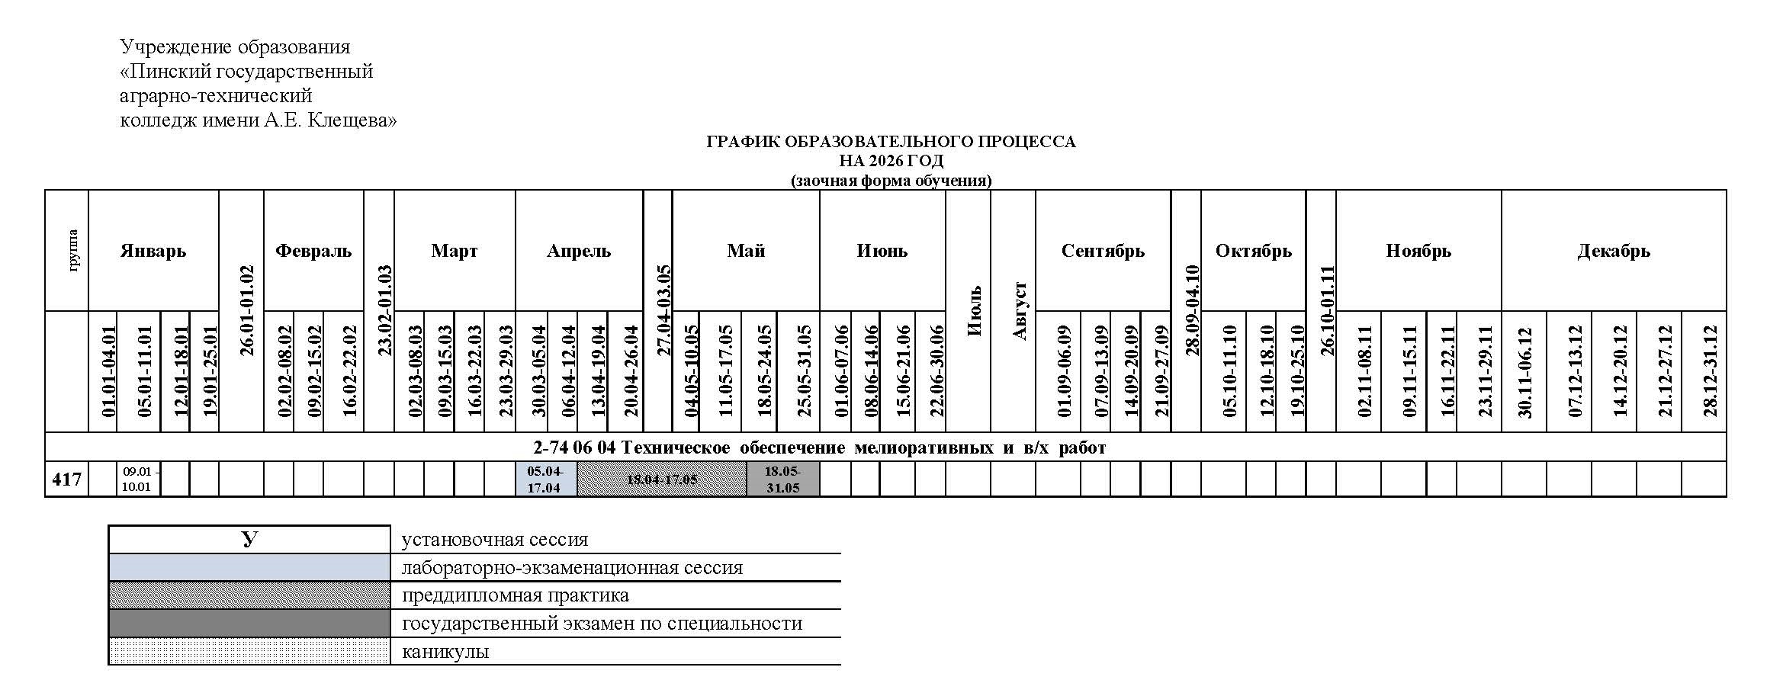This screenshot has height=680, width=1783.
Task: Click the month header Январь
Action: click(153, 251)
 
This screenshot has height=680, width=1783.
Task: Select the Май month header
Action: click(746, 251)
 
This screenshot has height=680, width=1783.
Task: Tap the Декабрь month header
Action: click(1614, 251)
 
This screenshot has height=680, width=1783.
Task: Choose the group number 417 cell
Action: click(67, 480)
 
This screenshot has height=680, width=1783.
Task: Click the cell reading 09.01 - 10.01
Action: click(138, 480)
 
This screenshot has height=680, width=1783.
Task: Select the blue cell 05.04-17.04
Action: click(545, 480)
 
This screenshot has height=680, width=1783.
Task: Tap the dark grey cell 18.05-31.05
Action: click(782, 480)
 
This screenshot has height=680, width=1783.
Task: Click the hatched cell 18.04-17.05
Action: click(661, 480)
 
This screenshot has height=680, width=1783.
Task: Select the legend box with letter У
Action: click(249, 540)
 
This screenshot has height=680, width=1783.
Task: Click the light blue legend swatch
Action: click(249, 568)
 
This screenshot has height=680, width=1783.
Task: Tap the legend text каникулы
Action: click(445, 652)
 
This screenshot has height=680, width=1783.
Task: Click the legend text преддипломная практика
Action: click(515, 595)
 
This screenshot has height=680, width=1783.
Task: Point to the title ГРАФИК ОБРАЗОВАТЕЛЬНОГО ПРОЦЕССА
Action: click(891, 142)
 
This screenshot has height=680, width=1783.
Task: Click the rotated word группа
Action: click(73, 251)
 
